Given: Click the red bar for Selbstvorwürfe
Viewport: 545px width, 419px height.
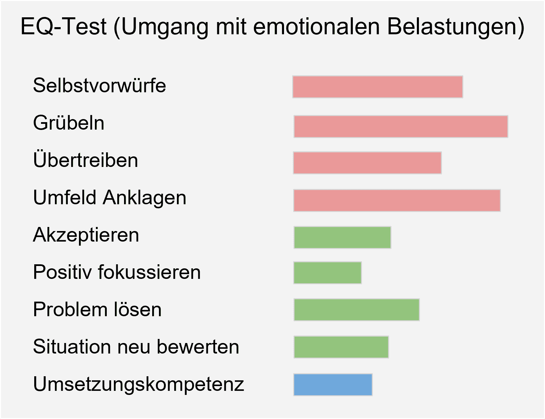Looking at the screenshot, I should click(x=378, y=87).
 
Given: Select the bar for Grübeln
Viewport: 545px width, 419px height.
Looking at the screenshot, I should click(x=401, y=127).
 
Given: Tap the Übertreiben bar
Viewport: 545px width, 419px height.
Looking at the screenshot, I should click(x=367, y=163).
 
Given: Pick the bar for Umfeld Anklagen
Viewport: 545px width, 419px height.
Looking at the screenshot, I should click(x=397, y=201).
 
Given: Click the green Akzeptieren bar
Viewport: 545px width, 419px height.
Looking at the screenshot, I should click(x=342, y=237).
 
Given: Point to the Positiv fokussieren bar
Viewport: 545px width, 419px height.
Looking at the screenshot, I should click(x=327, y=273).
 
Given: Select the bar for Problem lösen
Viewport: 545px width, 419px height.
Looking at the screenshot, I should click(x=357, y=310).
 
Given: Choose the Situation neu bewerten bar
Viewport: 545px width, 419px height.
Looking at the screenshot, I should click(x=341, y=347).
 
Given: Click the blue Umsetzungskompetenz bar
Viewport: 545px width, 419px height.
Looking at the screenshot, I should click(x=333, y=385).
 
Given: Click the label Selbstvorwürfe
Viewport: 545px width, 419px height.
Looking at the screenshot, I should click(x=99, y=85).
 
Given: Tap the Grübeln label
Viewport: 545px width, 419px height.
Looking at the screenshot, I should click(x=68, y=123).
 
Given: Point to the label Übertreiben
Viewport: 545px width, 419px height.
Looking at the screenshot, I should click(x=85, y=160).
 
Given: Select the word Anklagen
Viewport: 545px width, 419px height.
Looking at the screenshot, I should click(x=145, y=198).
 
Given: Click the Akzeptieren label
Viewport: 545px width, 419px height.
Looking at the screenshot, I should click(x=86, y=235).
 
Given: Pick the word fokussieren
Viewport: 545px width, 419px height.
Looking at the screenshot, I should click(x=149, y=272).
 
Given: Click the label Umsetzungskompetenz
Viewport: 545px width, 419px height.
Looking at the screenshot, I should click(x=138, y=384).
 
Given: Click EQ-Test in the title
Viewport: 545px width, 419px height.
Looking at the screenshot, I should click(x=63, y=26).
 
